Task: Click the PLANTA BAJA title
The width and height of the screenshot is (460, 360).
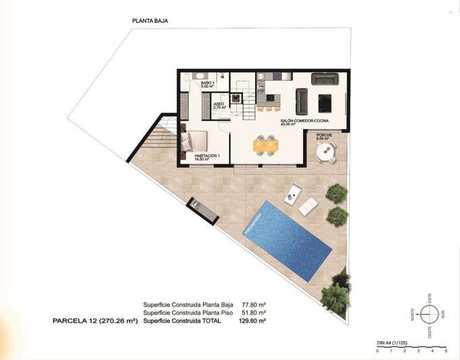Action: [150, 21]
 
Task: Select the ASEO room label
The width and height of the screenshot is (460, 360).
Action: [218, 106]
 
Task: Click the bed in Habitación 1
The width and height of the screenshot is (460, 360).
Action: [195, 141]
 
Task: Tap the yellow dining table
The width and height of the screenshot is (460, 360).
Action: [264, 144]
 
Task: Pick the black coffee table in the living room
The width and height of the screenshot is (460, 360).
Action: [325, 102]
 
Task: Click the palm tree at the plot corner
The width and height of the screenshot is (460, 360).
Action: [336, 296]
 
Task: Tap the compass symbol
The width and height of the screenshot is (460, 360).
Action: [428, 314]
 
